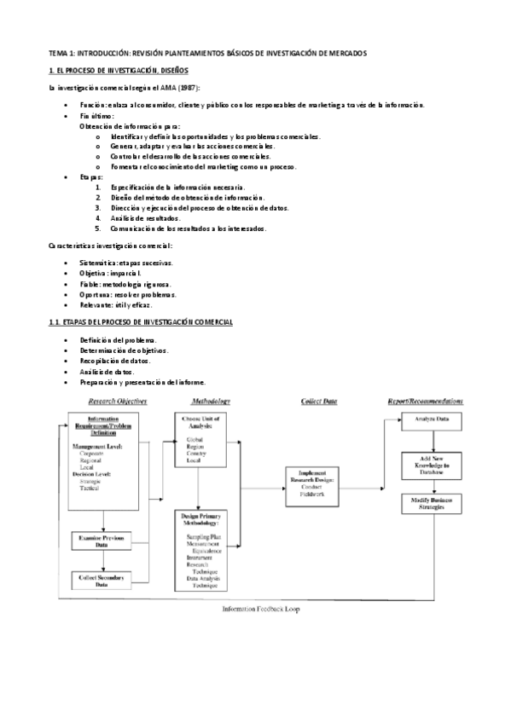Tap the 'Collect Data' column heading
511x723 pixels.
pyautogui.click(x=318, y=400)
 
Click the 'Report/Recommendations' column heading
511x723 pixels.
pyautogui.click(x=426, y=400)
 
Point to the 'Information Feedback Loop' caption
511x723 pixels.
pyautogui.click(x=261, y=610)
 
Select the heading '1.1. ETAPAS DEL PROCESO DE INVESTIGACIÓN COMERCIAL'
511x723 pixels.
pyautogui.click(x=141, y=322)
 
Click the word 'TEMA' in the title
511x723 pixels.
pyautogui.click(x=58, y=53)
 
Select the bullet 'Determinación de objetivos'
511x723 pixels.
pyautogui.click(x=124, y=350)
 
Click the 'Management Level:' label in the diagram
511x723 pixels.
pyautogui.click(x=98, y=446)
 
